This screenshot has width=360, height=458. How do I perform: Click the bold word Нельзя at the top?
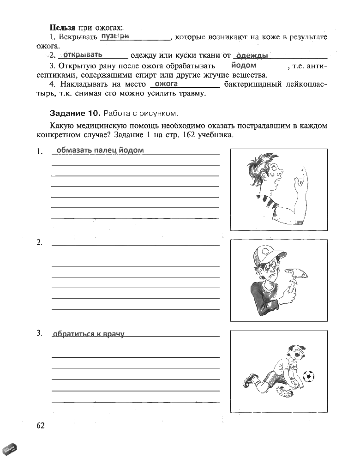click(x=62, y=28)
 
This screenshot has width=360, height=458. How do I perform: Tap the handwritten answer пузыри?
click(x=114, y=36)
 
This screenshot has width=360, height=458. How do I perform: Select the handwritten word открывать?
click(x=83, y=54)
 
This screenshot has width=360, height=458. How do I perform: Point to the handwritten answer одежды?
click(x=252, y=55)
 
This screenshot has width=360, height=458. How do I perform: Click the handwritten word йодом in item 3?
click(x=244, y=65)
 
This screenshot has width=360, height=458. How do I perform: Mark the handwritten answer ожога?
click(x=167, y=84)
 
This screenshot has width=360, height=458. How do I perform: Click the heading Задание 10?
click(x=75, y=113)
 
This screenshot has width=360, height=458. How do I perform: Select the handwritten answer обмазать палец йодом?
click(x=100, y=150)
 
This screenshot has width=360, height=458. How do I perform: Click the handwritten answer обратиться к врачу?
click(x=89, y=334)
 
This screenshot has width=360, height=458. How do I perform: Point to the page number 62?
click(x=40, y=425)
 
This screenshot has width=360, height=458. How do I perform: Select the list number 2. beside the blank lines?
click(x=40, y=242)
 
